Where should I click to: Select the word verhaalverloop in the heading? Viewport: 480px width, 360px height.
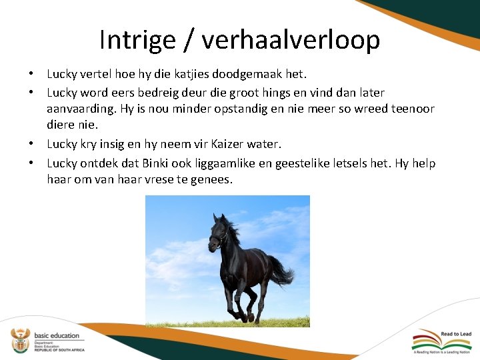coord(291,40)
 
